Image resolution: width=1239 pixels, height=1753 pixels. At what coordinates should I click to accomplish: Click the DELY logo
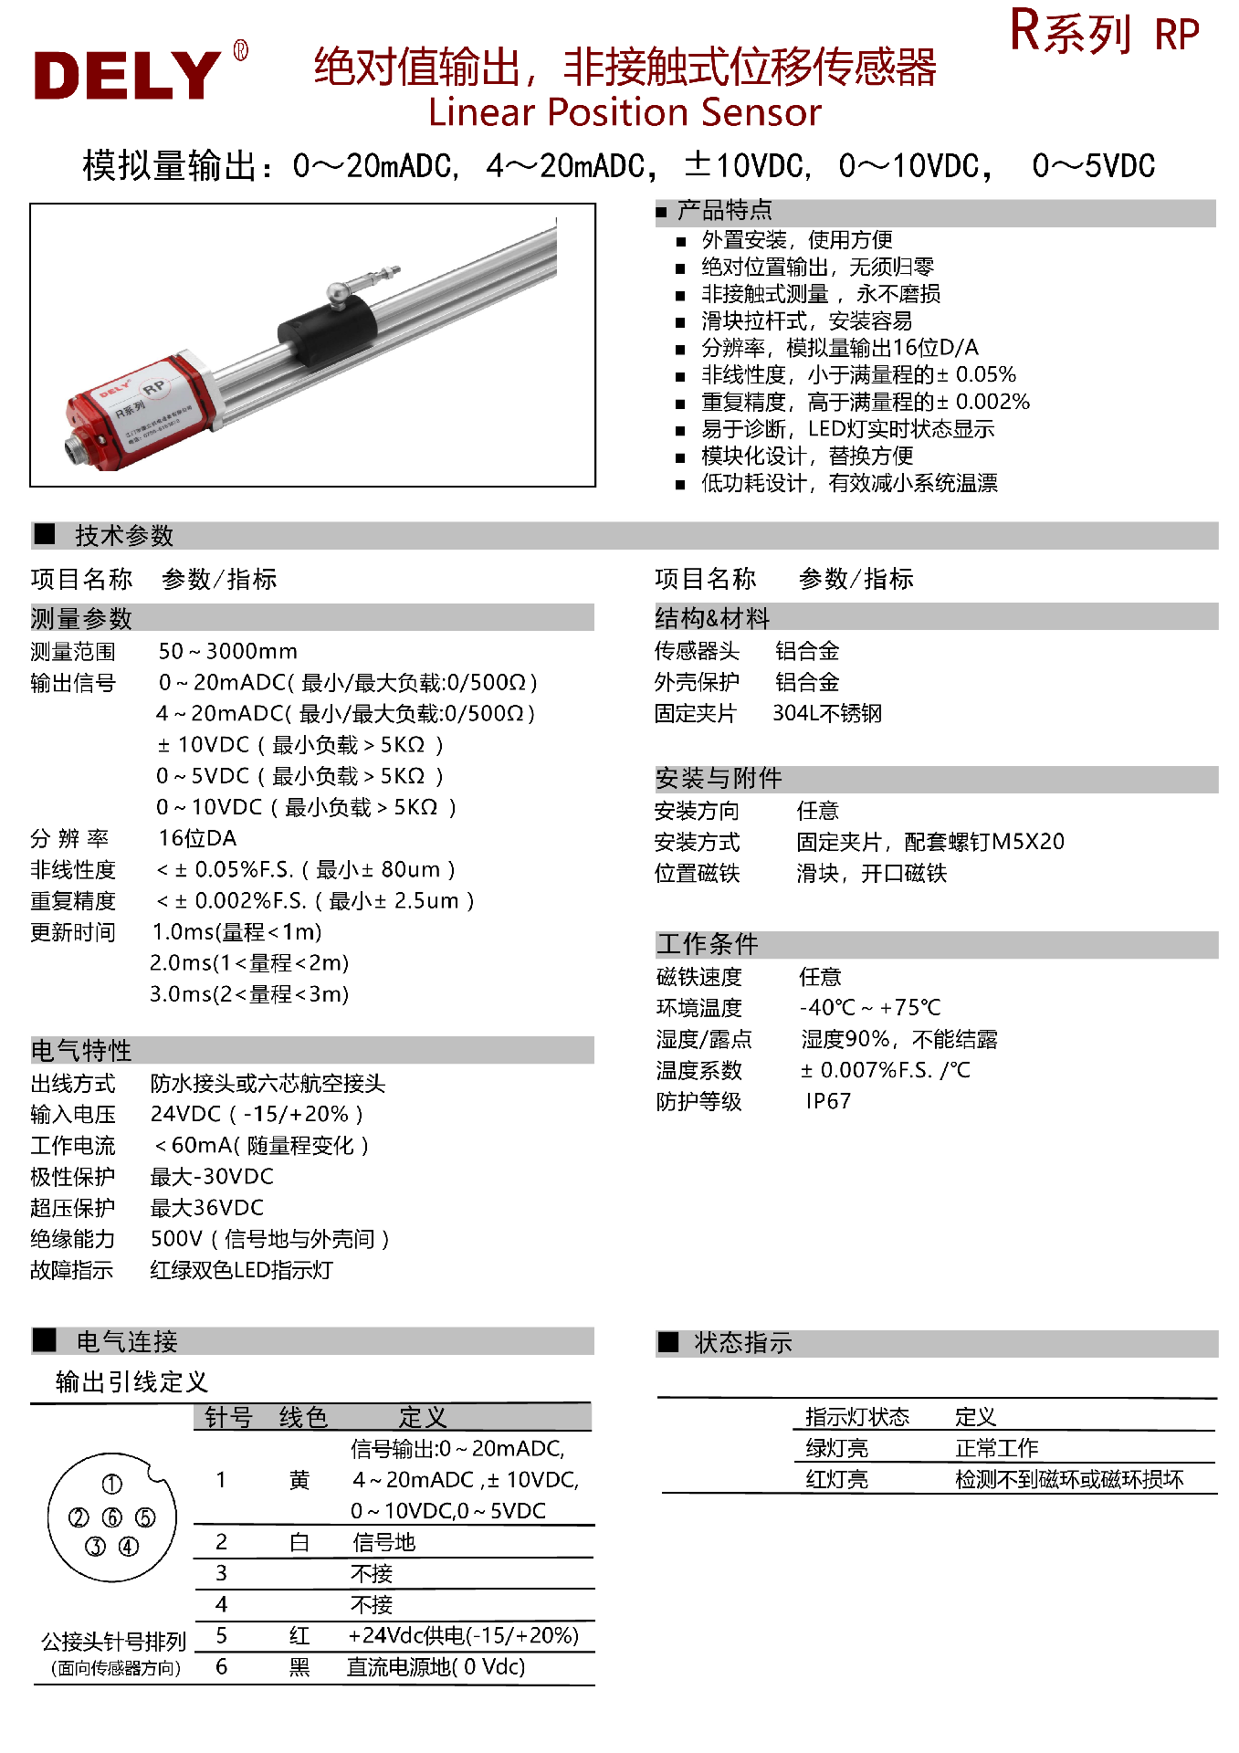tap(128, 75)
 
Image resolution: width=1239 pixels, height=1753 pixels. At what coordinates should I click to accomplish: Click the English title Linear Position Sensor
tap(625, 112)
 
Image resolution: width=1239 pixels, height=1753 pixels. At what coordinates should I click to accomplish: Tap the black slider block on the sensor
tap(327, 328)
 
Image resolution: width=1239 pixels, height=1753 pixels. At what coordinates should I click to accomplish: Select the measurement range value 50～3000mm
tap(227, 651)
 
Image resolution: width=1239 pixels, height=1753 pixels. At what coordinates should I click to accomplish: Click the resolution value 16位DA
tap(197, 838)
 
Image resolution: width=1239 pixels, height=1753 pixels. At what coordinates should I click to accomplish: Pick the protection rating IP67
tap(828, 1101)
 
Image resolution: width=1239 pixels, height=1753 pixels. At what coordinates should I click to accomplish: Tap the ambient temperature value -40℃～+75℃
tap(870, 1007)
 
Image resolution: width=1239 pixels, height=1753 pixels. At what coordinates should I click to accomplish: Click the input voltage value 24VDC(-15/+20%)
tap(257, 1114)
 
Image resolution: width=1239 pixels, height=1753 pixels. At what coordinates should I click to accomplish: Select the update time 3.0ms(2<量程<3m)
tap(249, 993)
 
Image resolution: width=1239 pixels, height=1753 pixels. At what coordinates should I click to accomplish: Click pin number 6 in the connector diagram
tap(112, 1517)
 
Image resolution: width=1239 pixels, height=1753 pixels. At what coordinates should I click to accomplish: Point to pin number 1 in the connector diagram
tap(111, 1485)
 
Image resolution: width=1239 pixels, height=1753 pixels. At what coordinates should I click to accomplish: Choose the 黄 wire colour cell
tap(299, 1480)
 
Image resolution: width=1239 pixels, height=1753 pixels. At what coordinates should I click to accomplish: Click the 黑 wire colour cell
tap(299, 1667)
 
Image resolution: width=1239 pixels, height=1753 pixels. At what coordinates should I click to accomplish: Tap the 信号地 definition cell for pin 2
tap(383, 1542)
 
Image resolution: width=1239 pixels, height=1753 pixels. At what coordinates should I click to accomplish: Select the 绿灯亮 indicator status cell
tap(836, 1448)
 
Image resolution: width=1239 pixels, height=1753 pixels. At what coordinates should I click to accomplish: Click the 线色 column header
tap(303, 1417)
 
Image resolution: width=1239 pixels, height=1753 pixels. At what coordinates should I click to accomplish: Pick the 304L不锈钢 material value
tap(827, 713)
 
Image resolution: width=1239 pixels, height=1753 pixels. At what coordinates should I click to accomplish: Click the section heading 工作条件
tap(708, 944)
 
